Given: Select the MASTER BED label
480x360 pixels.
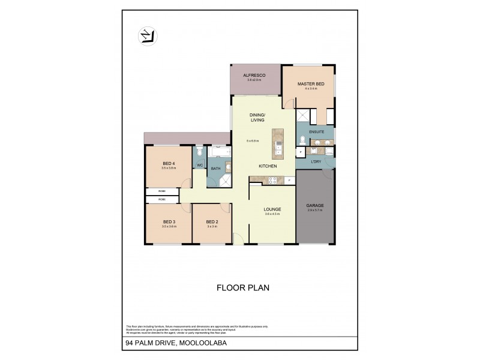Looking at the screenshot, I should (310, 84).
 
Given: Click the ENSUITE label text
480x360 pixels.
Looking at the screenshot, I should (316, 131).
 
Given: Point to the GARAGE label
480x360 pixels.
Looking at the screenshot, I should (315, 205).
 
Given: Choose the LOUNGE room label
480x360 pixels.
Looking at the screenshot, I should (272, 209).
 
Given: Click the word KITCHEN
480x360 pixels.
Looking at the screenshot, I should (267, 166).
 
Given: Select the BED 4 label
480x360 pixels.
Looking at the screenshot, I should (169, 164).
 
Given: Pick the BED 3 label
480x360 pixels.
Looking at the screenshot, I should (169, 221).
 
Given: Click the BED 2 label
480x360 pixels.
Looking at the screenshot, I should (211, 221).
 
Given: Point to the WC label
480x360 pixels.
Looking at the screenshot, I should (199, 165).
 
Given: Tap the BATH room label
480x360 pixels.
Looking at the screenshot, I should (215, 169).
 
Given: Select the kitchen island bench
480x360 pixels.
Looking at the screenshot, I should (278, 143).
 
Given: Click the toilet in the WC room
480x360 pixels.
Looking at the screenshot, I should (199, 152).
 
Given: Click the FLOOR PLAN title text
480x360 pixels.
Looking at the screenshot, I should (242, 287).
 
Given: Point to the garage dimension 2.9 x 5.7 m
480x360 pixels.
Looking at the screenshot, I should (315, 211).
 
